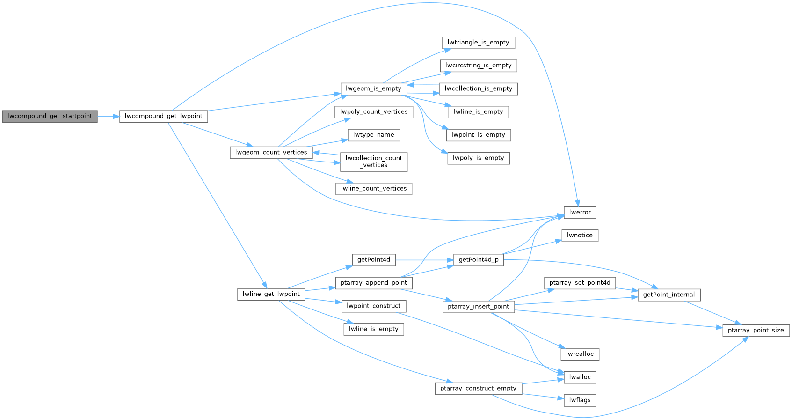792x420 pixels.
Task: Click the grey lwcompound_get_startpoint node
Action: pos(50,116)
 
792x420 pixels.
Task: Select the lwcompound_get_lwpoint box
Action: pos(163,116)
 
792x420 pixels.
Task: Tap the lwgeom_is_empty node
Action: pos(373,88)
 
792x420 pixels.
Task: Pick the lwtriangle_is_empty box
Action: pos(478,43)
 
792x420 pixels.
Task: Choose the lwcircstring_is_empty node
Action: pos(478,66)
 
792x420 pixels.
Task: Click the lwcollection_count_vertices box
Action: pos(373,162)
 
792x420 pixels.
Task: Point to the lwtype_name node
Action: pos(373,135)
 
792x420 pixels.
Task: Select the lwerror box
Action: pos(580,212)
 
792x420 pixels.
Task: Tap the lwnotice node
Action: pos(580,236)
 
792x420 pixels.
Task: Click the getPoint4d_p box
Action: pos(478,259)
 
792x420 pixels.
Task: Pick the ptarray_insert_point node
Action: pos(478,306)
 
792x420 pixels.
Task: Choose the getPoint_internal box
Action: pos(668,295)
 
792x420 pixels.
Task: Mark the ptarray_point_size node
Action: pos(756,330)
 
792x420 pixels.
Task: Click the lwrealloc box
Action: pos(580,354)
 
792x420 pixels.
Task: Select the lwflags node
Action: pos(580,400)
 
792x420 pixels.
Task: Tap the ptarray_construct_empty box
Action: pos(478,388)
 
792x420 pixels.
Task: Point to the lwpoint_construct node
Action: pos(373,306)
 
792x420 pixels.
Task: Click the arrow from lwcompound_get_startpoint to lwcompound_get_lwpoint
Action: pos(108,116)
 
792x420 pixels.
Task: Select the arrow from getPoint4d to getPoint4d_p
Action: pos(424,259)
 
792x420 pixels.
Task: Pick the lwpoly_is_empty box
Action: pos(478,158)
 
